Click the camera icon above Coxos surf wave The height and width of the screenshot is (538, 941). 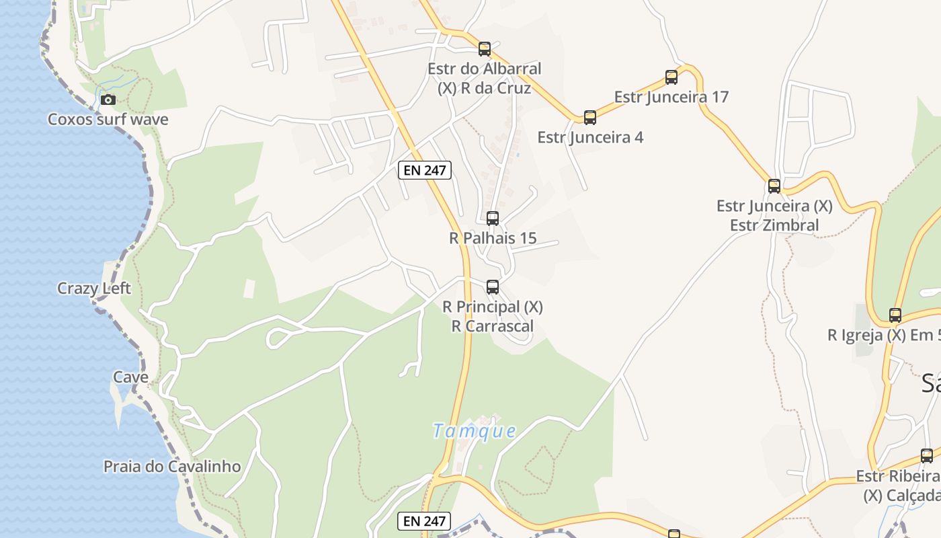pyautogui.click(x=108, y=100)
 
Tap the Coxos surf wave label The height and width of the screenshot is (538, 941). pyautogui.click(x=108, y=120)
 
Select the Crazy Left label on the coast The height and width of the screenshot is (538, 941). pyautogui.click(x=94, y=289)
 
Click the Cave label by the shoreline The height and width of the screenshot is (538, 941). pyautogui.click(x=130, y=377)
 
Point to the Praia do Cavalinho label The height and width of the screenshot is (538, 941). pyautogui.click(x=172, y=467)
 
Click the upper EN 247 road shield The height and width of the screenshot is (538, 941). pyautogui.click(x=424, y=170)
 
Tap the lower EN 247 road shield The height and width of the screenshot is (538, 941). pyautogui.click(x=424, y=521)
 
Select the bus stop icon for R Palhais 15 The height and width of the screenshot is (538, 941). pyautogui.click(x=493, y=219)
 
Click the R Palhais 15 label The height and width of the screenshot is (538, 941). pyautogui.click(x=493, y=238)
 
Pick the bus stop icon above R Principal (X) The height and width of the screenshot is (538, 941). pyautogui.click(x=493, y=287)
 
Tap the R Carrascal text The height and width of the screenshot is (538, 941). pyautogui.click(x=493, y=327)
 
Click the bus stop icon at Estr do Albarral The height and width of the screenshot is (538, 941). pyautogui.click(x=485, y=49)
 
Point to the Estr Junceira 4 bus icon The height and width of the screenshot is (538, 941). pyautogui.click(x=590, y=118)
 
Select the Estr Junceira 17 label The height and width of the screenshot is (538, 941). pyautogui.click(x=671, y=97)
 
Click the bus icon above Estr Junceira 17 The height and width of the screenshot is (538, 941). pyautogui.click(x=671, y=77)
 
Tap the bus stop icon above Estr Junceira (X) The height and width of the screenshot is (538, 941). pyautogui.click(x=774, y=186)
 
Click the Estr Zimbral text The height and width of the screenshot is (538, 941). pyautogui.click(x=774, y=225)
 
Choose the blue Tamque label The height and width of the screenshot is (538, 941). pyautogui.click(x=475, y=431)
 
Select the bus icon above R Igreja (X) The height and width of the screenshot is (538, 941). pyautogui.click(x=895, y=315)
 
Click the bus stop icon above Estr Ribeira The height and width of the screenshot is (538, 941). pyautogui.click(x=927, y=456)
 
